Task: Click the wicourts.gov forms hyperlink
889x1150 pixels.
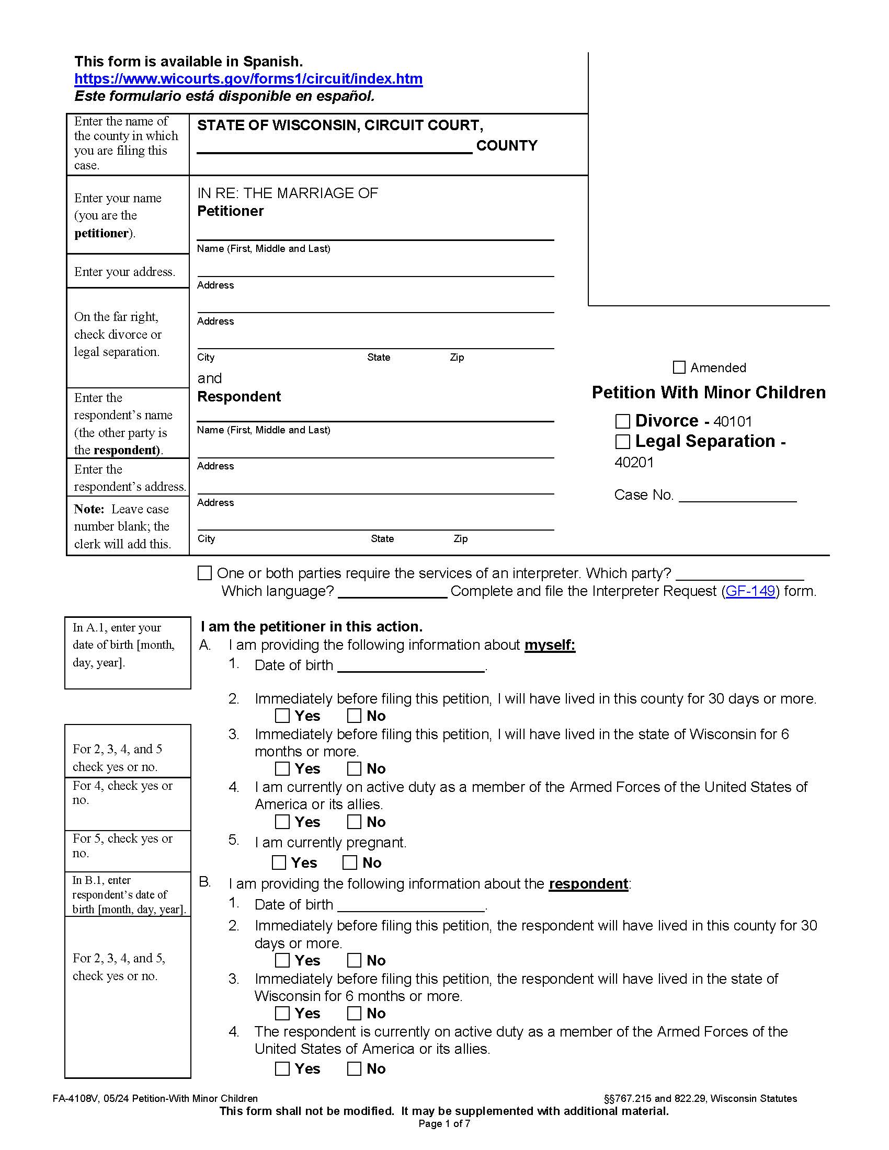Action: tap(248, 79)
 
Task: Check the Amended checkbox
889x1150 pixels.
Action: tap(679, 367)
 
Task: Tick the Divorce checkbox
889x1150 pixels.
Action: tap(622, 421)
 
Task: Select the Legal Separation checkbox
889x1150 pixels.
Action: tap(622, 441)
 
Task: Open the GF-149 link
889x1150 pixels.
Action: tap(750, 591)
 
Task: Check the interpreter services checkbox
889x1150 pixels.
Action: tap(204, 573)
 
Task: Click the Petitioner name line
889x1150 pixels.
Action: tap(375, 233)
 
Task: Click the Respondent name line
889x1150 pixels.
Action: tap(375, 415)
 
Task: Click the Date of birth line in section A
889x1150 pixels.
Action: tap(411, 666)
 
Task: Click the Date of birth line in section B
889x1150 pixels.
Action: tap(411, 905)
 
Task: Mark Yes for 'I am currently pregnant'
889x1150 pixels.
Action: tap(279, 862)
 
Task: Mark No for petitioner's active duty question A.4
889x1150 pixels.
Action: tap(354, 821)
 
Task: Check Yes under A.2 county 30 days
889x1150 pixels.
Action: tap(282, 716)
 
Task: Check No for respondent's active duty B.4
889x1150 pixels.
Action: tap(354, 1068)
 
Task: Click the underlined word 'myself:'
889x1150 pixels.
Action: tap(549, 645)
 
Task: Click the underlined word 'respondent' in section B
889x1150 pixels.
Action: tap(588, 883)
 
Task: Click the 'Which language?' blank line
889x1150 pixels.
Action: tap(392, 593)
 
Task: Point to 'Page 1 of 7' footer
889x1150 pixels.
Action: tap(444, 1124)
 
